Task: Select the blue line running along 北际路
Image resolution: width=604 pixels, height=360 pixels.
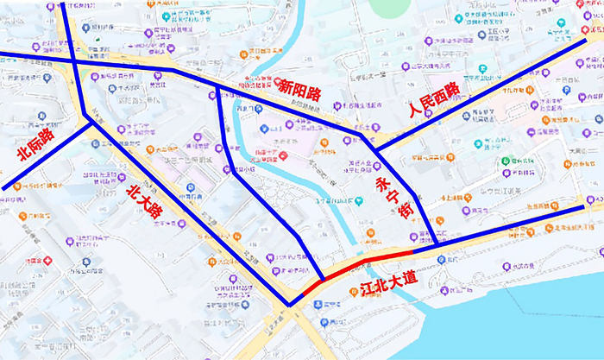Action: point(47,155)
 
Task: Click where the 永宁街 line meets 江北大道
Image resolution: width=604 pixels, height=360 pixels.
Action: point(437,245)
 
